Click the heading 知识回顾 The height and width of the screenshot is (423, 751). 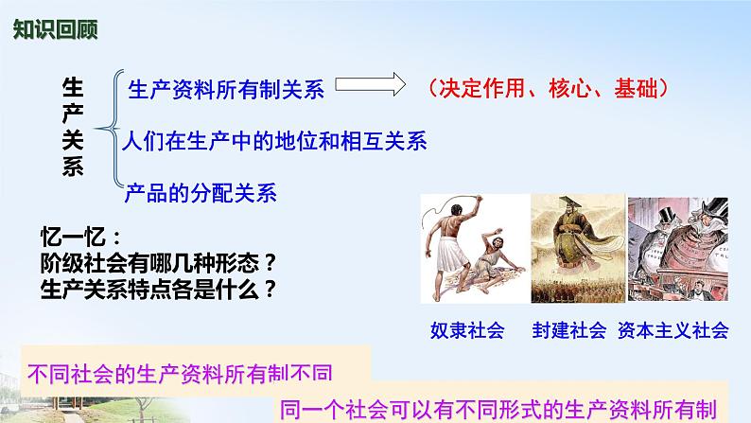coord(56,29)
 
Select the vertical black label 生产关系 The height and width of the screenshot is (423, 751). coord(73,127)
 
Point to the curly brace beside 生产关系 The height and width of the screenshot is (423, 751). coord(109,128)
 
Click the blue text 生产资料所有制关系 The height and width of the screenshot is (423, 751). coord(226,90)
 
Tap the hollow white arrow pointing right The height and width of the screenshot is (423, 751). coord(370,84)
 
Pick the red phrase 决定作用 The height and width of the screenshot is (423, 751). coord(481,88)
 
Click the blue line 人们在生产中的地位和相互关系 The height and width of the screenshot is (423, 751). coord(274,141)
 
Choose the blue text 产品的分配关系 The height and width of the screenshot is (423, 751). coord(201,193)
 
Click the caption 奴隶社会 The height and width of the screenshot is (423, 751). coord(467,330)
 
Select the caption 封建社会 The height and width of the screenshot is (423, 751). coord(569,330)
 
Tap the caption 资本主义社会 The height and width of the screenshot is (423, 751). coord(672,330)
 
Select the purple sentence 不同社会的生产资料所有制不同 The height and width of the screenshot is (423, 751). coord(180,374)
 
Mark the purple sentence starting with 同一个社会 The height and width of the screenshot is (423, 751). coord(498,410)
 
